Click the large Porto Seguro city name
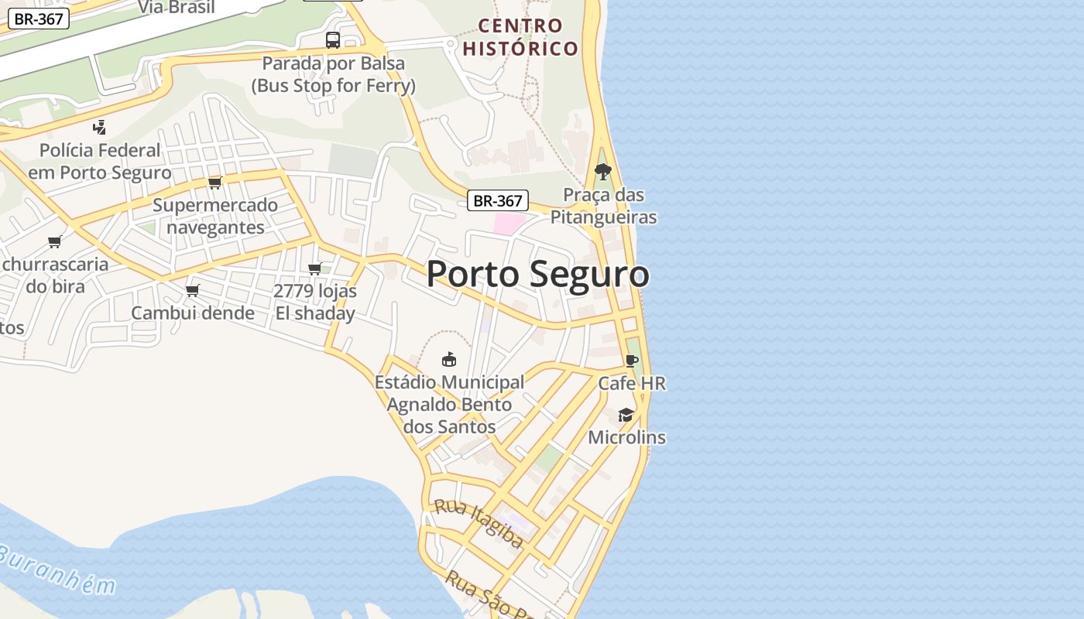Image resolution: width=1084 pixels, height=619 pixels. tap(537, 275)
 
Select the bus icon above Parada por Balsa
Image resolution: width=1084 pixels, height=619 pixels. tap(333, 39)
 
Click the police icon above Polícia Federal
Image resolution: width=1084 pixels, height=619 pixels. tap(99, 127)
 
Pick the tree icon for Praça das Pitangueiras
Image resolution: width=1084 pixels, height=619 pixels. tap(602, 171)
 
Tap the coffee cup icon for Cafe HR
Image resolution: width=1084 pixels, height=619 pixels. tap(632, 361)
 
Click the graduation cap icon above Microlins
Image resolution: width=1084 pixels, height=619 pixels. tap(626, 416)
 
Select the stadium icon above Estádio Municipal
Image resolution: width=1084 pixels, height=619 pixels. tap(449, 359)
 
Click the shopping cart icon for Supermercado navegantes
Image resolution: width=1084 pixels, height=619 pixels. tap(214, 183)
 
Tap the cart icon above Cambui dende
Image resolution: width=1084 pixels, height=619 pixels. tap(192, 290)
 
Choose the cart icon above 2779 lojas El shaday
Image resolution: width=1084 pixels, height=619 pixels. tap(314, 268)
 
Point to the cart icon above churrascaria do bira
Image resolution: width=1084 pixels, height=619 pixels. tap(54, 241)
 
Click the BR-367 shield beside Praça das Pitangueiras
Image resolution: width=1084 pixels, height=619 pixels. tap(498, 201)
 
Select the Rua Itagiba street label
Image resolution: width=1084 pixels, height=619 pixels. tap(478, 524)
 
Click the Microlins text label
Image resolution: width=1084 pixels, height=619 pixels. tap(626, 437)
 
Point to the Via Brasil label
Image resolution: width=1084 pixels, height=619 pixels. tap(177, 8)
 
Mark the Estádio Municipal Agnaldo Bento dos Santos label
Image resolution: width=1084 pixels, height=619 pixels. tap(450, 404)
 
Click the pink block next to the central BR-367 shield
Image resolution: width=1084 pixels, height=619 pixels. tap(509, 224)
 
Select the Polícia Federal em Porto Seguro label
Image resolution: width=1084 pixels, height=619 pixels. tap(100, 161)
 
